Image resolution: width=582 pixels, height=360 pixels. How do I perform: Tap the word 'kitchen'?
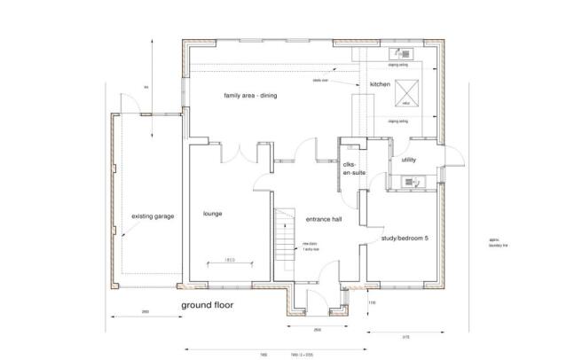point(380,85)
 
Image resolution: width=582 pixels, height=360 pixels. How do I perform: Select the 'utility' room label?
point(409,160)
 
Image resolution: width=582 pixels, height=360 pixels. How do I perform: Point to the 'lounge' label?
point(211,215)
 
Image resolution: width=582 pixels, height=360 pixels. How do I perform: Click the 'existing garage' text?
point(153,216)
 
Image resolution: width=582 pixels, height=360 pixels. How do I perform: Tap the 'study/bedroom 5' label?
point(404,239)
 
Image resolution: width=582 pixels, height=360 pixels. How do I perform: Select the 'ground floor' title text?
point(208,305)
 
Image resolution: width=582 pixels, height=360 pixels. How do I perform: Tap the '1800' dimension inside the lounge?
point(228,259)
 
